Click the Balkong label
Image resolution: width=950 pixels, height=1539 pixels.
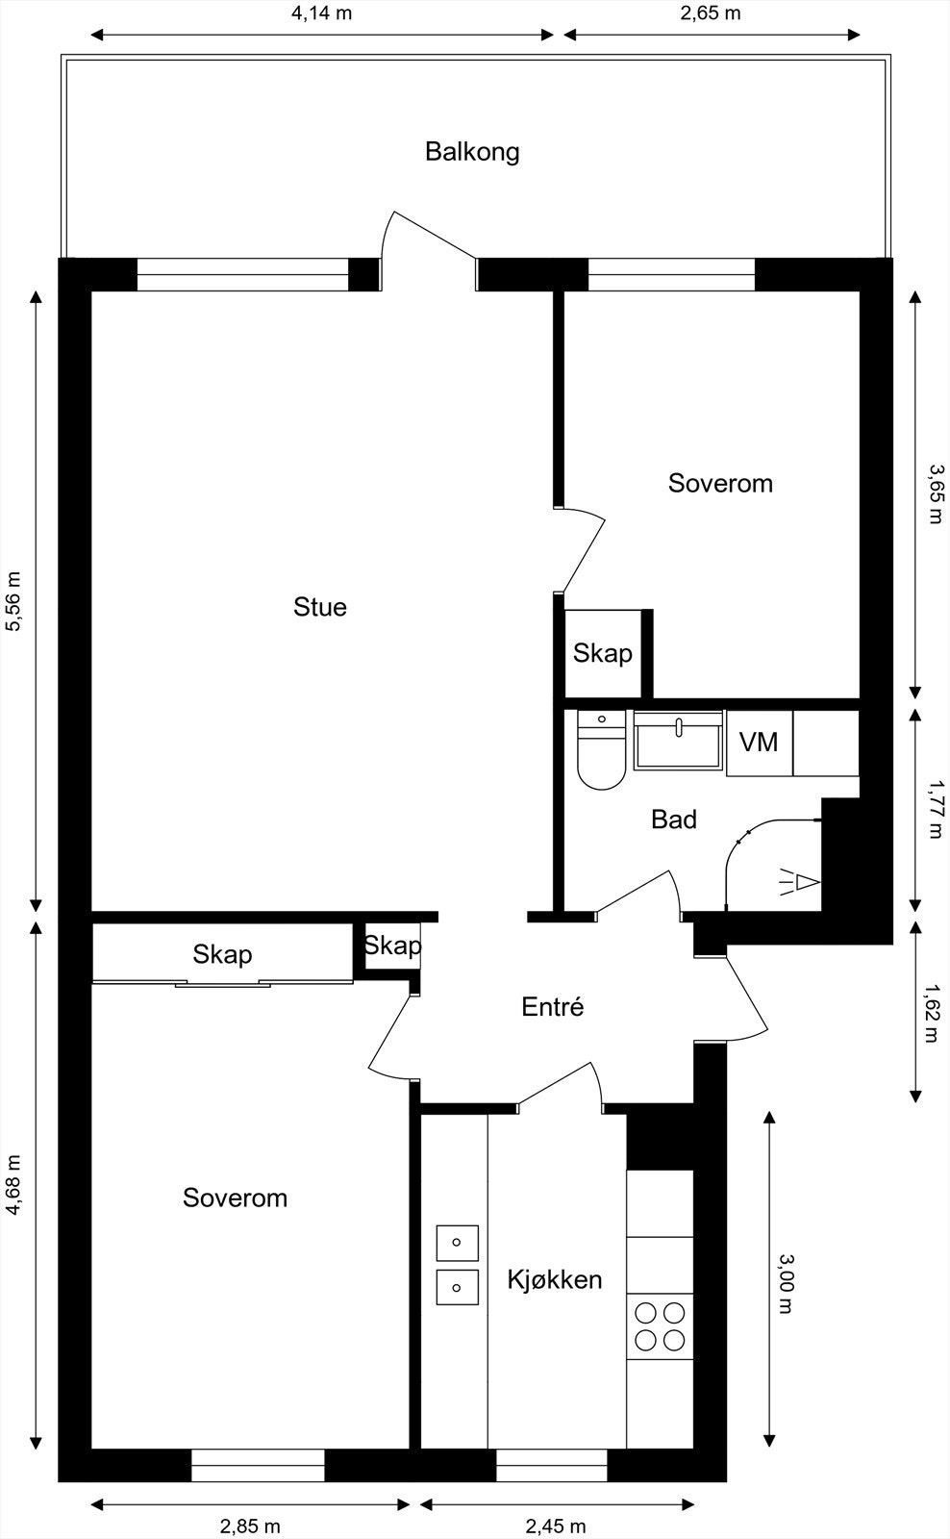coord(472,152)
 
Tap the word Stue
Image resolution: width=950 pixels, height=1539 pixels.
coord(319,607)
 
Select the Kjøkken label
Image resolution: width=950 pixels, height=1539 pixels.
coord(554,1279)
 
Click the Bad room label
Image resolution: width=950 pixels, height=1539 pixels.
coord(673,820)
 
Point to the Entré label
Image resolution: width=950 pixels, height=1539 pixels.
coord(552,1007)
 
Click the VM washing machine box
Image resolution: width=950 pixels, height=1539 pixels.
coord(759,743)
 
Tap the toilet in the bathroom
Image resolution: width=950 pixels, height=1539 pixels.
coord(601,750)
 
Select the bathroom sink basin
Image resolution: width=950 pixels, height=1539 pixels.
coord(678,741)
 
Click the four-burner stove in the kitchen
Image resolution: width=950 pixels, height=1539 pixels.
coord(660,1326)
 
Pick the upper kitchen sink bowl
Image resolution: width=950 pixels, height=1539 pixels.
coord(457,1243)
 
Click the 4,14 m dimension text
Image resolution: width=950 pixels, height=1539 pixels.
coord(321,14)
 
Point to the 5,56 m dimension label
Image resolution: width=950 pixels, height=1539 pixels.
coord(13,602)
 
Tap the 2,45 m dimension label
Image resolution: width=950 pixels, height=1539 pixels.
coord(555,1526)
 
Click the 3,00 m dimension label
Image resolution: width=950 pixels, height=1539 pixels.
coord(785,1284)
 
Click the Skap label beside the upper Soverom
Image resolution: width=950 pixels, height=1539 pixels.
coord(602,654)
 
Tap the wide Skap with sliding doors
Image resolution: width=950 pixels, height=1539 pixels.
coord(222,954)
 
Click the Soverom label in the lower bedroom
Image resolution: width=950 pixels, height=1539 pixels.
coord(235,1198)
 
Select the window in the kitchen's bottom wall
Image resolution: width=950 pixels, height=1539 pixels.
coord(551,1473)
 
